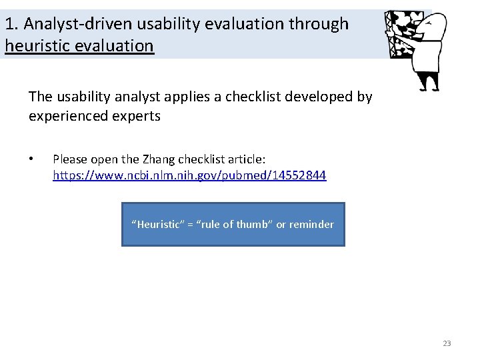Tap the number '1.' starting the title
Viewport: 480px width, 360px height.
11,24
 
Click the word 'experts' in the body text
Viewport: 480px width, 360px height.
137,116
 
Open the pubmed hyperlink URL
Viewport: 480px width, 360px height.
189,176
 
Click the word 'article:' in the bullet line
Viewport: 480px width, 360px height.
243,159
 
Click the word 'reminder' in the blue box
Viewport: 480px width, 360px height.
311,225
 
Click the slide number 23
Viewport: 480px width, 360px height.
447,343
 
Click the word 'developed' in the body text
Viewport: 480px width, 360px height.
319,97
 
